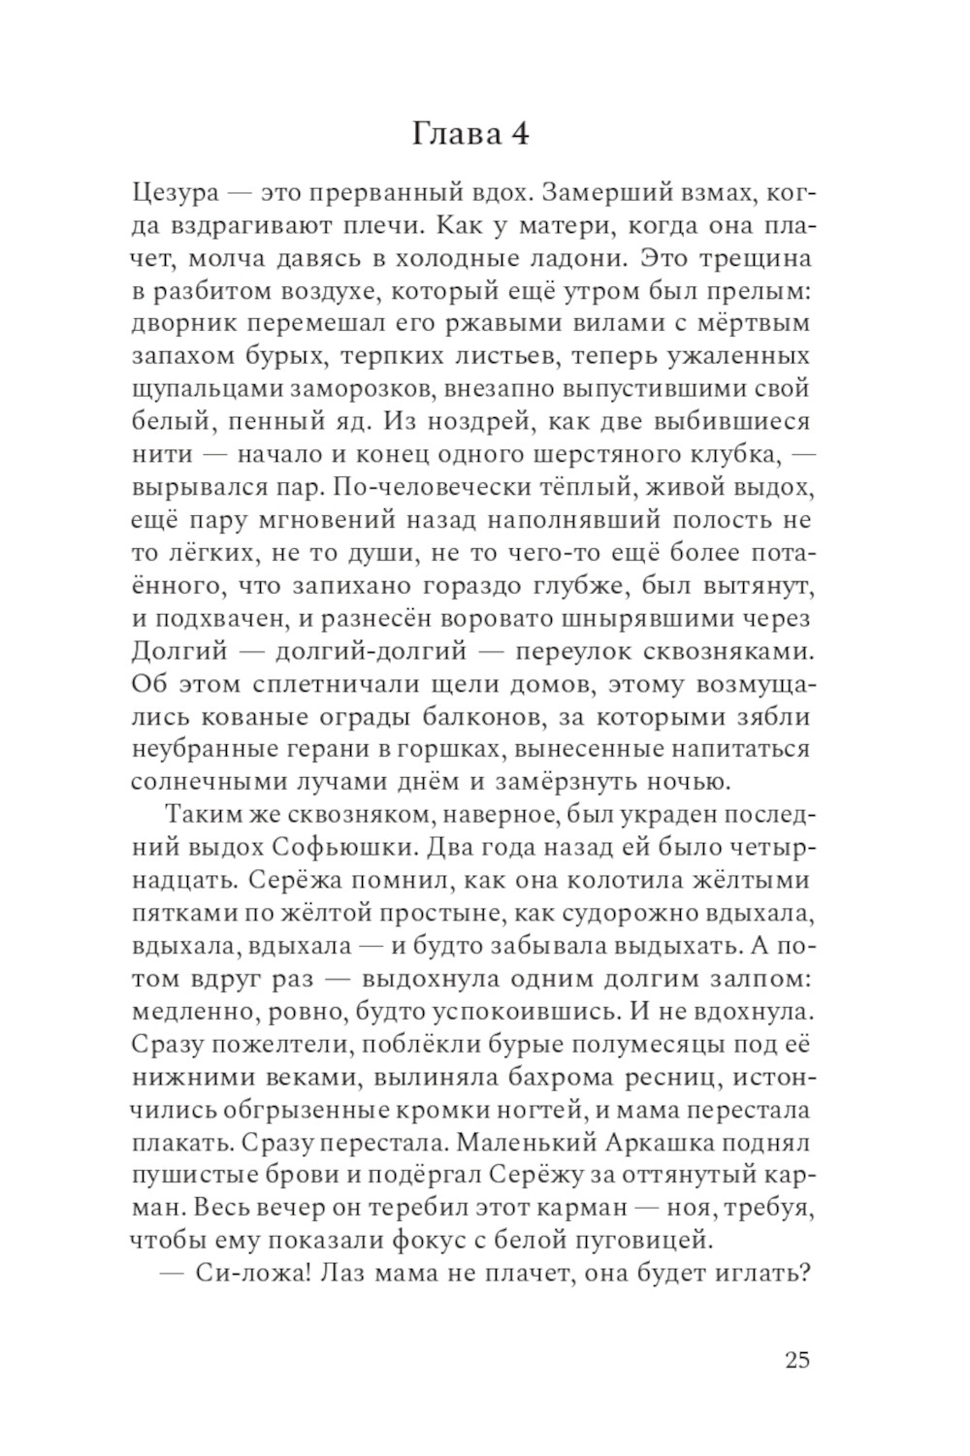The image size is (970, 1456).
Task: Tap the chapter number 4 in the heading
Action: point(519,133)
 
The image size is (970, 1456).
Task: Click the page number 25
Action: point(796,1359)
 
